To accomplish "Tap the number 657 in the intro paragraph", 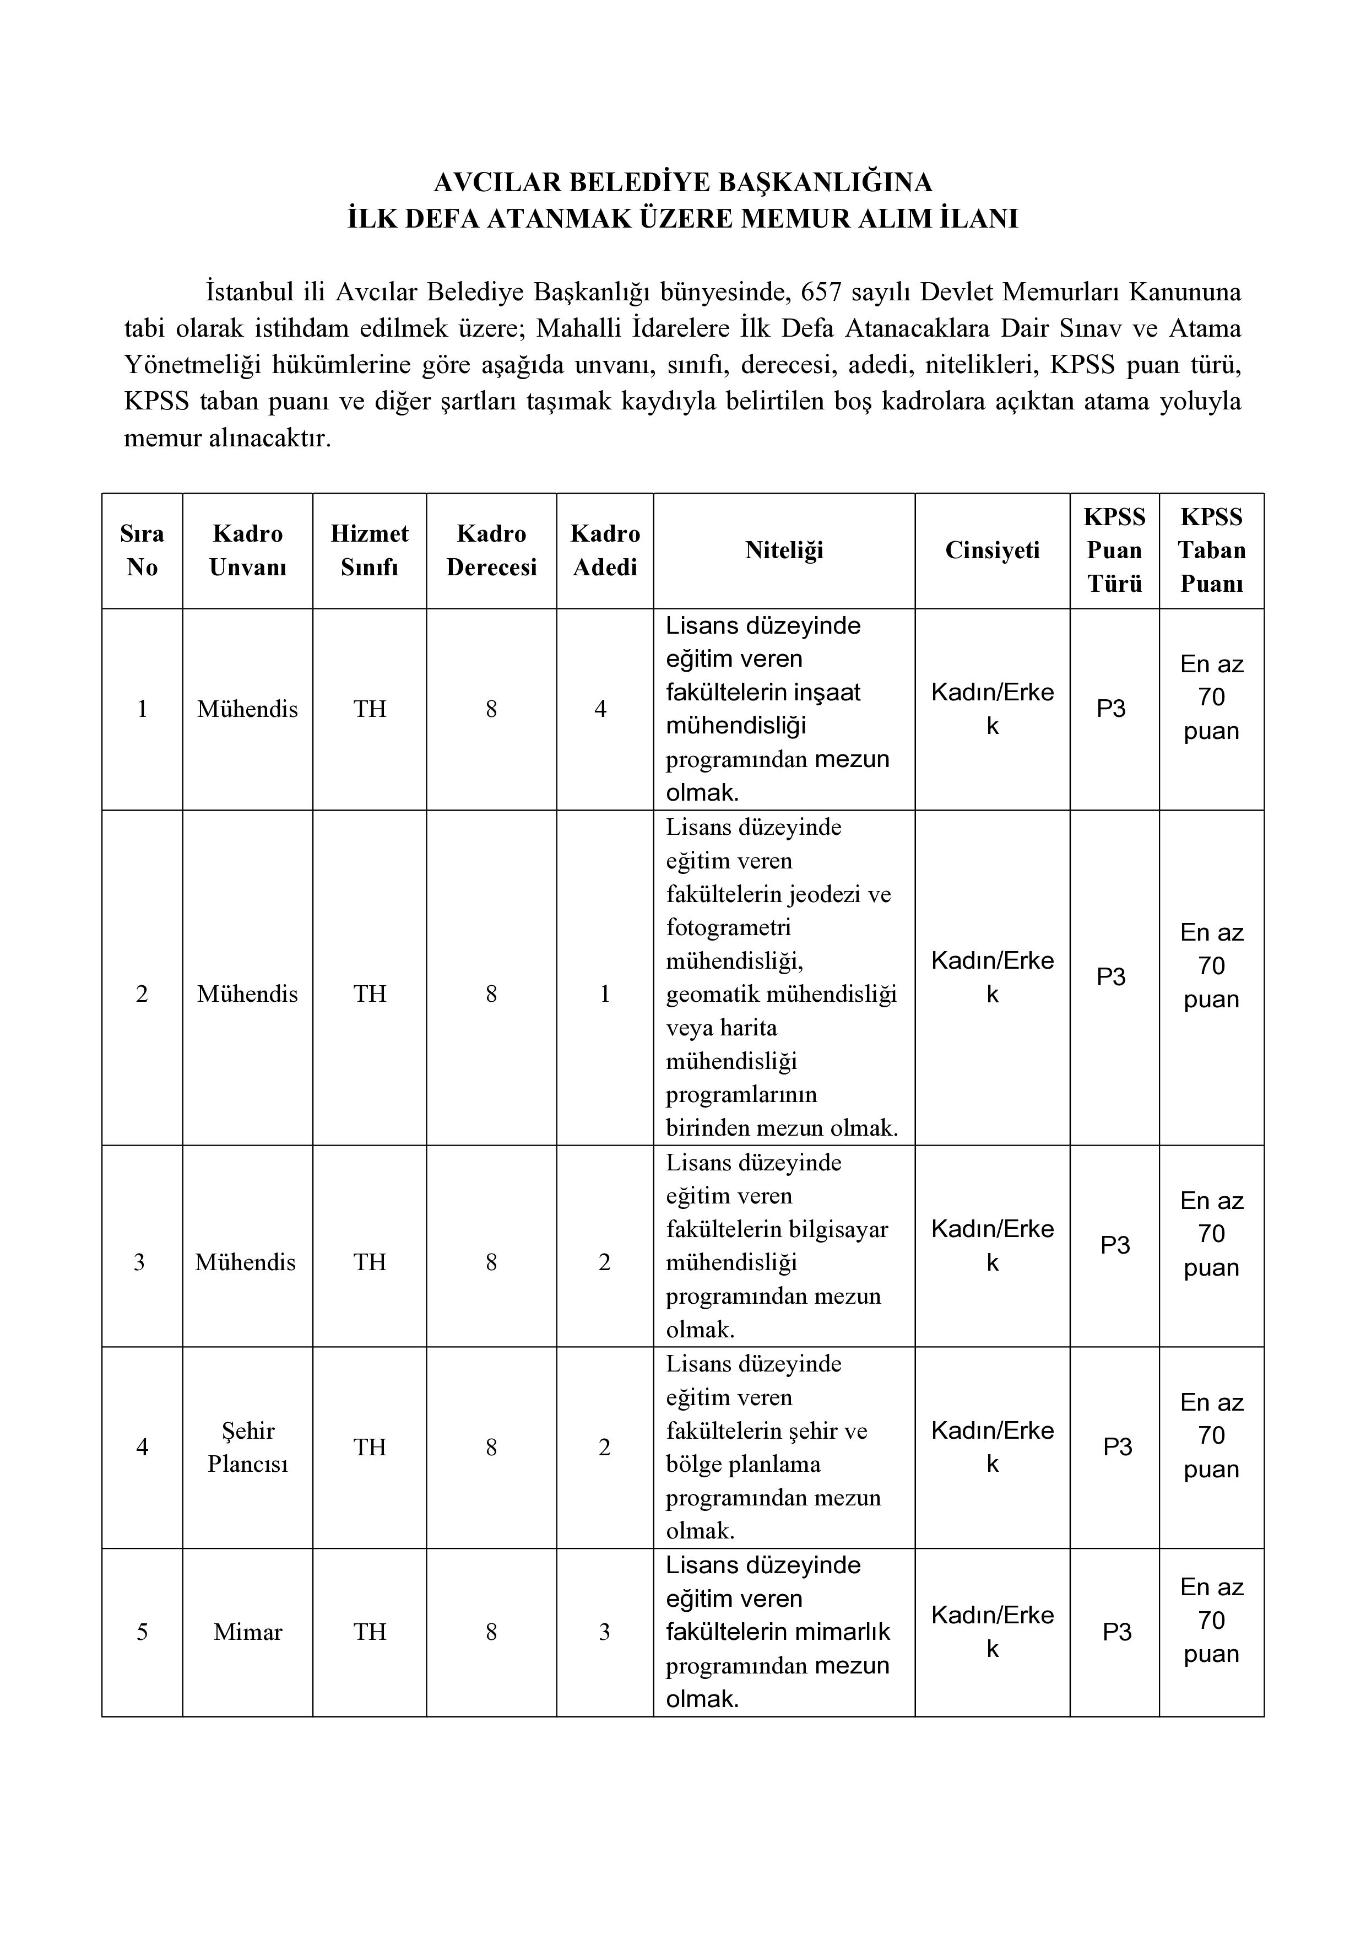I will tap(821, 292).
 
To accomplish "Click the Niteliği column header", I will tap(784, 550).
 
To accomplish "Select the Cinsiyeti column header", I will tap(993, 550).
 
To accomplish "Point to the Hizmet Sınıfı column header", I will tap(370, 550).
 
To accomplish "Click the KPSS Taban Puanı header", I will tap(1211, 550).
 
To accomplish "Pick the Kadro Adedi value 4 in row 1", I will tap(600, 709).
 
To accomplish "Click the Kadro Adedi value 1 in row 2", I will tap(604, 994).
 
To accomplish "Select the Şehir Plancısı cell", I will tap(247, 1447).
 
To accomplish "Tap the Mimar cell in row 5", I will tap(247, 1632).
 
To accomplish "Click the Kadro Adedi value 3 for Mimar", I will tap(604, 1632).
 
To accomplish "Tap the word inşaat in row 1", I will tap(827, 692).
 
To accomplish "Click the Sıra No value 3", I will tap(140, 1262).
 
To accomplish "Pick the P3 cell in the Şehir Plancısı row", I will tap(1117, 1446).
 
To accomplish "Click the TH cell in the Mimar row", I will tap(370, 1632).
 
